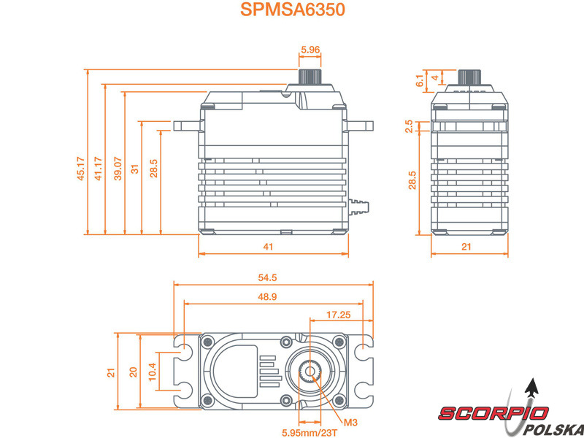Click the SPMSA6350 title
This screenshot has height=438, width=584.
[293, 9]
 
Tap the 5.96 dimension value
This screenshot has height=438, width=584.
[310, 50]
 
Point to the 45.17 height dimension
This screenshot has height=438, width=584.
[81, 169]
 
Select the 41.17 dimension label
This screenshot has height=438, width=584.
[99, 169]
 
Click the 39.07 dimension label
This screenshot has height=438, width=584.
[118, 169]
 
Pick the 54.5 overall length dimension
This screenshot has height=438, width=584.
[267, 278]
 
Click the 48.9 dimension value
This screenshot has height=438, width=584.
[267, 297]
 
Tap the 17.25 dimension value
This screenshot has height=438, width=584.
[339, 315]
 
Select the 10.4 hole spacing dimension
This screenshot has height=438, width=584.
[152, 372]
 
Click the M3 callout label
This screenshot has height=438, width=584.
[350, 423]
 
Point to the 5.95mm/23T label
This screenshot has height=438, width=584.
[310, 433]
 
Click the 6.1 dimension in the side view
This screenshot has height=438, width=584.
[420, 81]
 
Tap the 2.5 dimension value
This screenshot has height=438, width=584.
[409, 126]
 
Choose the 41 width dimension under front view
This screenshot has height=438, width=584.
[268, 247]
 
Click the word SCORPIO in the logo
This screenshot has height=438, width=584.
[493, 413]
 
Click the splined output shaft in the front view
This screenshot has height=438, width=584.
[310, 77]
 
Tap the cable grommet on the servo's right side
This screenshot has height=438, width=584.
[358, 207]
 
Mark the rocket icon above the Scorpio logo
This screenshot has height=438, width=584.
[532, 388]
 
